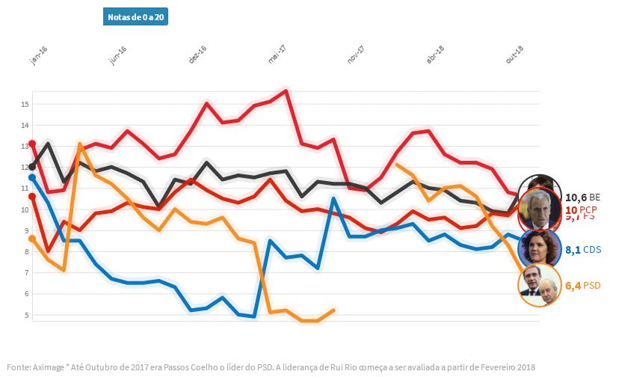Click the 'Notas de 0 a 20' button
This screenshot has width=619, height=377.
point(135,17)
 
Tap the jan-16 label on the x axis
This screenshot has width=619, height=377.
point(39,56)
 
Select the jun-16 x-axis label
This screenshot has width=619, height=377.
point(118,56)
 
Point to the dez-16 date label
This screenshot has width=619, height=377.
point(197,55)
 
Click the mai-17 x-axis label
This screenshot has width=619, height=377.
point(277,55)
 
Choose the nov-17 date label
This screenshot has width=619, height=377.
point(356,55)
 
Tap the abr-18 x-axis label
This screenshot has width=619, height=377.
point(435,55)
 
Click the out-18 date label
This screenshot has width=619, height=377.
point(514,55)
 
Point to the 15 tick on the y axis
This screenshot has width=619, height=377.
point(24,105)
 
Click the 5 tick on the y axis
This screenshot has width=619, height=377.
point(25,315)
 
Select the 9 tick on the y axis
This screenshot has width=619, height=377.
point(25,231)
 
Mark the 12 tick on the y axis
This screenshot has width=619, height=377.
point(24,168)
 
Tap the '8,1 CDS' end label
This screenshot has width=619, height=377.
point(583,250)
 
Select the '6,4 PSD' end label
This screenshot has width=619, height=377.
point(583,285)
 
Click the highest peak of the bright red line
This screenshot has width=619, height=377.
point(286,91)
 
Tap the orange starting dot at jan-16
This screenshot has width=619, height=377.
point(32,238)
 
